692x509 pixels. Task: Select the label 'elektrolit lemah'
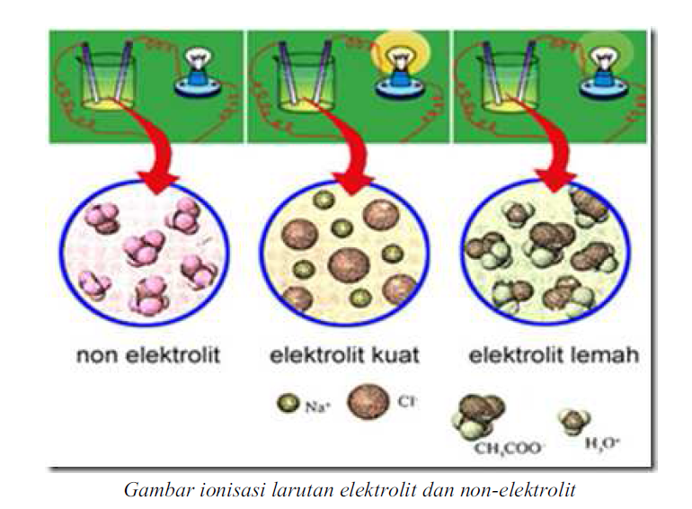coord(554,355)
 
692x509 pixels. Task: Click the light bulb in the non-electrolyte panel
coord(197,71)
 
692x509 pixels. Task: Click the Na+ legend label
coord(317,406)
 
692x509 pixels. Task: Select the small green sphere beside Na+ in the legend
coord(288,405)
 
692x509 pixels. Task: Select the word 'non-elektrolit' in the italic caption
coord(529,490)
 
